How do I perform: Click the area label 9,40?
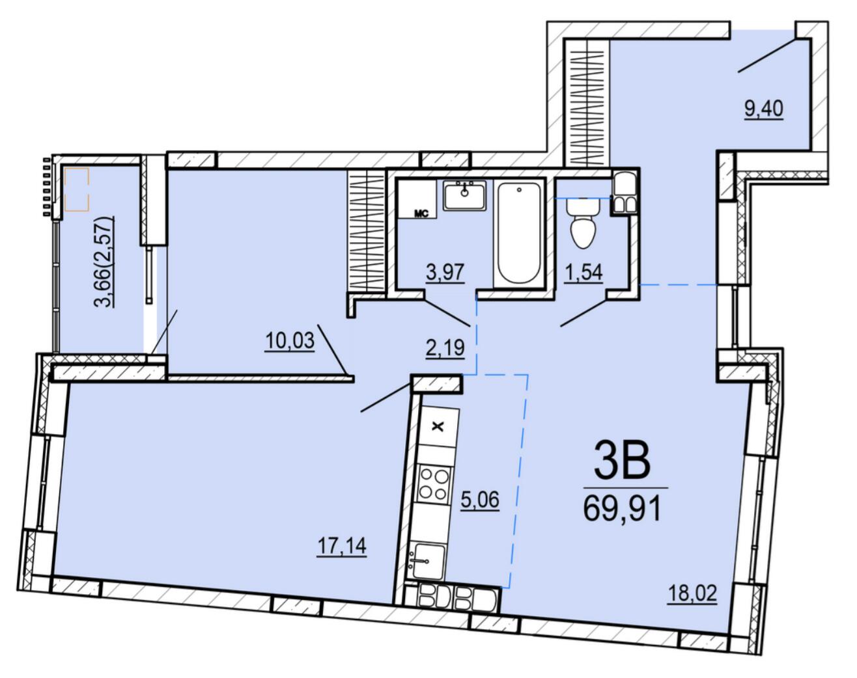(x=764, y=109)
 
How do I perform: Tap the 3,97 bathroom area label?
(x=445, y=273)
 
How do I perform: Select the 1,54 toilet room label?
(x=583, y=273)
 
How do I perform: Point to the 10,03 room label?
(x=290, y=341)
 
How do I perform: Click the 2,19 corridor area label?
(x=445, y=348)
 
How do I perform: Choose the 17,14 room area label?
(x=342, y=545)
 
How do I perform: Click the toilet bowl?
(x=583, y=223)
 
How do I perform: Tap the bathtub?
(x=519, y=233)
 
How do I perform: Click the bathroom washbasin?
(x=465, y=195)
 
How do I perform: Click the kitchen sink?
(x=427, y=562)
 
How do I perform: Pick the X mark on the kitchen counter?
(x=438, y=427)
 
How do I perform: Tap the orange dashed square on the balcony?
(x=76, y=189)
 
